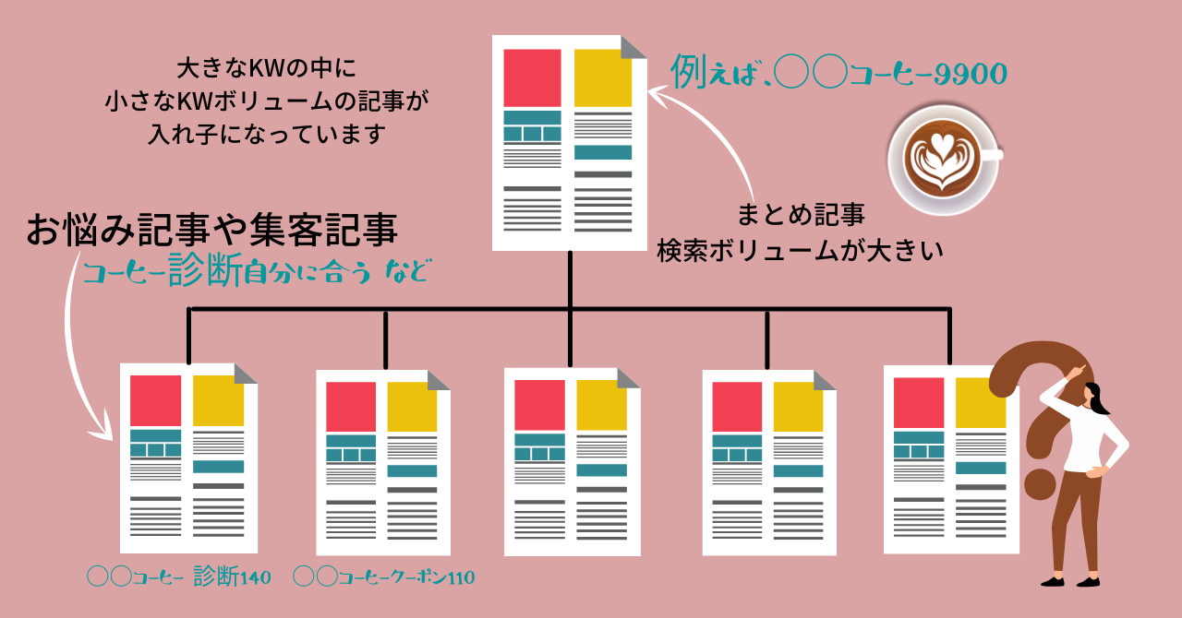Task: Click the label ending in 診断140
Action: point(179,578)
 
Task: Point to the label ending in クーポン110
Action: point(383,578)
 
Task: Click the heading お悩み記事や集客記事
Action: point(212,231)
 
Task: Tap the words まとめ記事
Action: point(801,216)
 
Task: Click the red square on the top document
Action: point(531,77)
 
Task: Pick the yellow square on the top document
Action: point(602,77)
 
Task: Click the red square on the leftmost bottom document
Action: point(155,399)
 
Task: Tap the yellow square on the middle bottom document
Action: point(601,404)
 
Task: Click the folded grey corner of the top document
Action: point(634,47)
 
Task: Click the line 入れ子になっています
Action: point(266,134)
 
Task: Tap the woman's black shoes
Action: point(1071,580)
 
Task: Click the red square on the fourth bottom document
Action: point(737,406)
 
